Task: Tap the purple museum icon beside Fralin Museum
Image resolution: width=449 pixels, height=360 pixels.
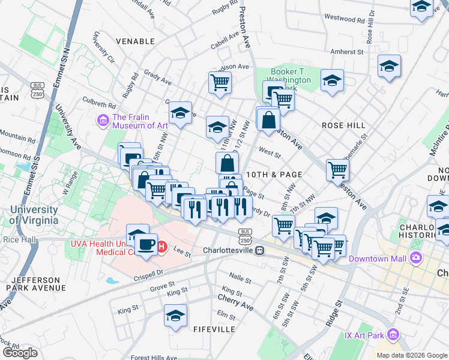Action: point(103,121)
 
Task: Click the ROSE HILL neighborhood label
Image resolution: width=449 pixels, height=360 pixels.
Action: point(343,125)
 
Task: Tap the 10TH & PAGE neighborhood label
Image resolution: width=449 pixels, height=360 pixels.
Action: point(274,174)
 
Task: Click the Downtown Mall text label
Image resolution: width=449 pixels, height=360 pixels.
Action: point(383,257)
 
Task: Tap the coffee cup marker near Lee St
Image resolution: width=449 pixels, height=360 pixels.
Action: point(146,244)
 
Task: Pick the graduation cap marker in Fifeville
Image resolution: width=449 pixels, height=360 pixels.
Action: point(175,315)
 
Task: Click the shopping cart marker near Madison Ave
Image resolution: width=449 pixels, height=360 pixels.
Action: point(220,82)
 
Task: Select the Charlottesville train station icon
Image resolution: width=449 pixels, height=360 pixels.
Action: point(259,250)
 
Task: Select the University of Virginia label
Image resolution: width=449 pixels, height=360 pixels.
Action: point(34,215)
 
